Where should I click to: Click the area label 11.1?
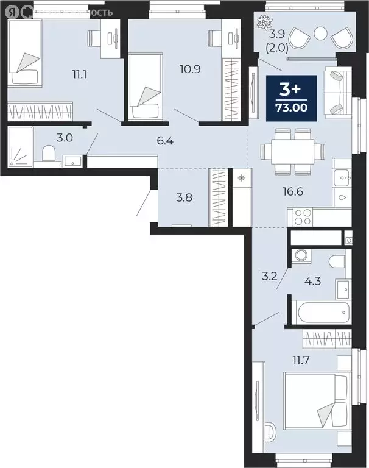click(x=79, y=76)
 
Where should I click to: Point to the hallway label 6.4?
click(x=165, y=142)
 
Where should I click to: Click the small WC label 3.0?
click(x=65, y=138)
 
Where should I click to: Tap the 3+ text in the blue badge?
click(x=291, y=89)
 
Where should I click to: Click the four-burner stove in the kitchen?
click(x=303, y=217)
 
